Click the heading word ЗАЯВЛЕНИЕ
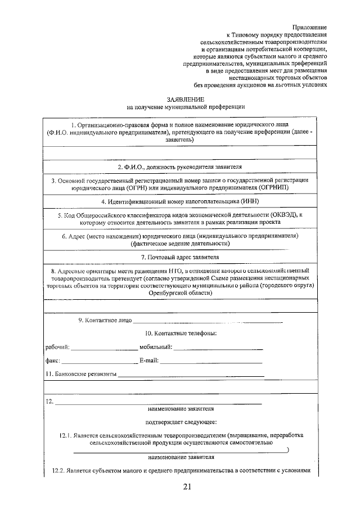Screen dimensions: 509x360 pos(185,98)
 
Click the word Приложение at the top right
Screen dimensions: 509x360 pos(309,27)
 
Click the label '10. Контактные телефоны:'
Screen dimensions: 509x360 pos(181,334)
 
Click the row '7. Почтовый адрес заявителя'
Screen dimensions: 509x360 pos(180,257)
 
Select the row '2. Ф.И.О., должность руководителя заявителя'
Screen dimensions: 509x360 pos(180,168)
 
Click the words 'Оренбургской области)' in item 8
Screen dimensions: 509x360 pos(181,293)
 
